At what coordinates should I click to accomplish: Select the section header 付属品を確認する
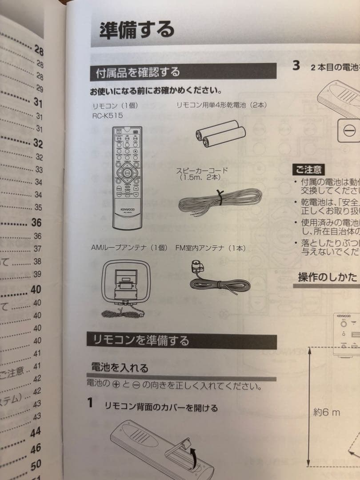138,72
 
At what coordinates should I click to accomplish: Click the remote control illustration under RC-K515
127,177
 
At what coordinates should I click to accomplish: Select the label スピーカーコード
202,170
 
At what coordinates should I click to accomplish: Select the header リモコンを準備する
141,340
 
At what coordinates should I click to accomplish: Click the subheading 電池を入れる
120,367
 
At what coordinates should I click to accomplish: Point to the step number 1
90,403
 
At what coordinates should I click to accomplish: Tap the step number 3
296,66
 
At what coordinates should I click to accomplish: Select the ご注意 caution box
308,170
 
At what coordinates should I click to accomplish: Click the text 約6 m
327,412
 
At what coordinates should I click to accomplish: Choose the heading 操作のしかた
328,277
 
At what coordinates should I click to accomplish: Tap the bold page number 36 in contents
36,223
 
